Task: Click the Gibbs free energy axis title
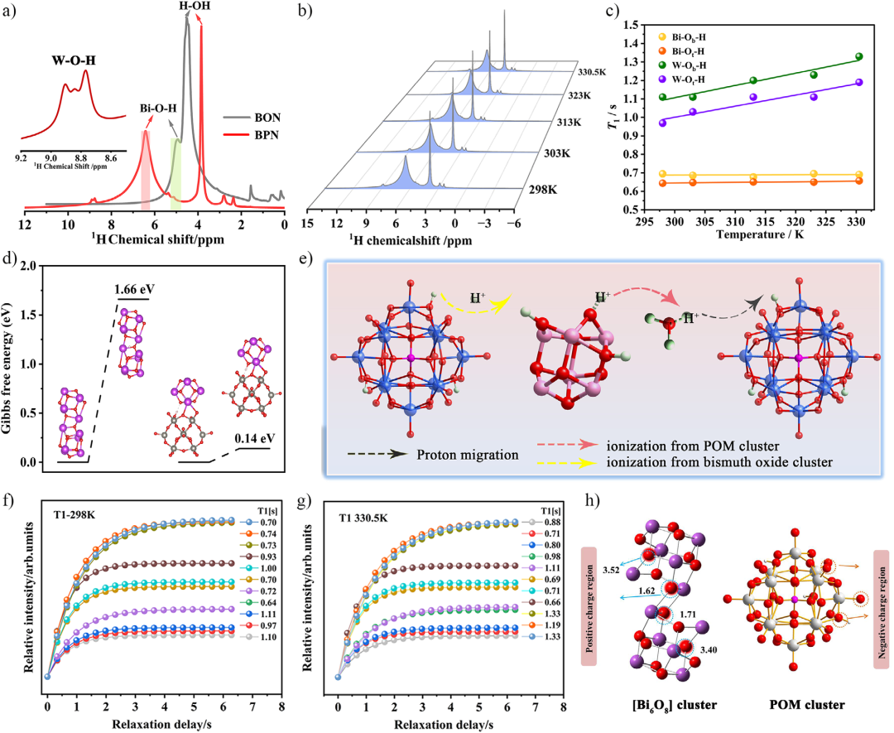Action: click(11, 364)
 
